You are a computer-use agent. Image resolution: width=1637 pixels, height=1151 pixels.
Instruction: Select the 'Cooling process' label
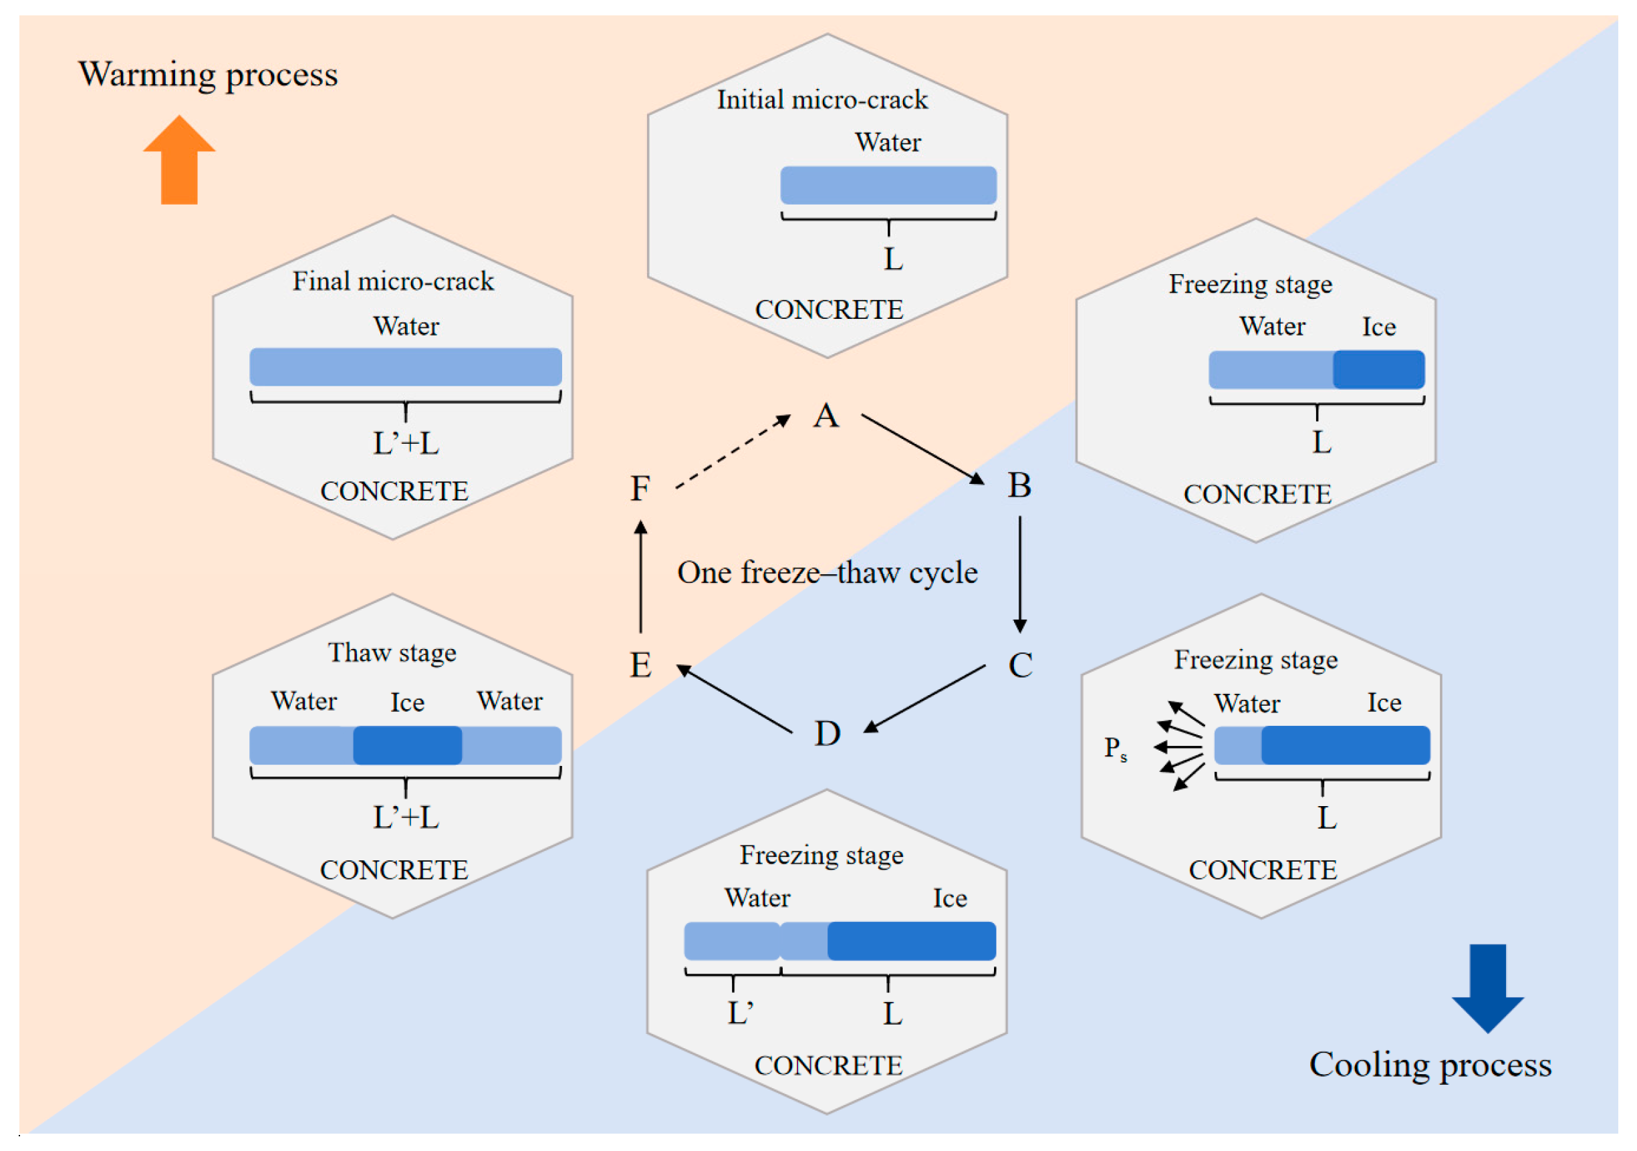point(1430,1065)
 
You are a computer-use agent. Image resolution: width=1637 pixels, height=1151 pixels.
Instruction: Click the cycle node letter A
point(826,416)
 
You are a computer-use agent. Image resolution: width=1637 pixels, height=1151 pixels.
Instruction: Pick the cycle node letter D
point(827,733)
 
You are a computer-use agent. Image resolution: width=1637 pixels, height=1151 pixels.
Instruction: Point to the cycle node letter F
point(640,489)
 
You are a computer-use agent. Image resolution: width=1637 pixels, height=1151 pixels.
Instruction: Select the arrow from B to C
point(1020,575)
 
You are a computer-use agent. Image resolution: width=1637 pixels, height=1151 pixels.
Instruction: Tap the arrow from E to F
point(641,576)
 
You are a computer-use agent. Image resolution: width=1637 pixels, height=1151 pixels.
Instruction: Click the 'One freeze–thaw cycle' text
point(827,573)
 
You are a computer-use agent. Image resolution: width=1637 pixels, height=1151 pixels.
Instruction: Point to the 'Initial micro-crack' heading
point(822,100)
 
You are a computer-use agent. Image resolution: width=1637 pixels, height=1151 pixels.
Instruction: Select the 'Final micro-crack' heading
point(393,281)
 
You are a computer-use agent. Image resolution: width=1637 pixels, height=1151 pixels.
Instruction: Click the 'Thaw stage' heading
point(392,653)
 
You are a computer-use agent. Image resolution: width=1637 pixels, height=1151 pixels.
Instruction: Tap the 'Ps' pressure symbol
point(1116,749)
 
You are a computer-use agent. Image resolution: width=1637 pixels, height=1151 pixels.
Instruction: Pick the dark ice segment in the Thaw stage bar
point(407,745)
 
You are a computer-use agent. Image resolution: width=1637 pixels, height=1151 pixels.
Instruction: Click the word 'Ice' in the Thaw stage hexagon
point(407,702)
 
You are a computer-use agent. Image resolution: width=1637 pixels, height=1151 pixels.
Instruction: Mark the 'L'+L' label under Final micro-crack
point(406,444)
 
